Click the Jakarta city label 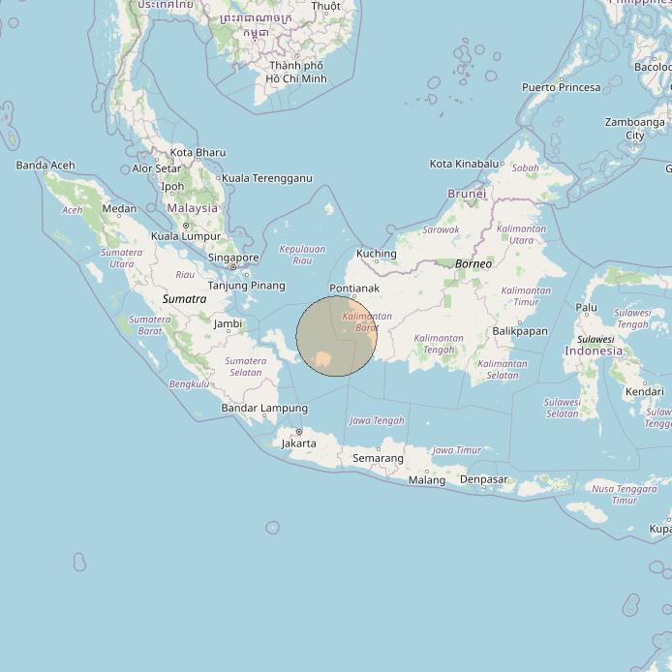298,443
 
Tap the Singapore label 233,258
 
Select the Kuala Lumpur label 186,236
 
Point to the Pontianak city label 354,289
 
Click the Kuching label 377,254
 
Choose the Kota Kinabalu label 464,164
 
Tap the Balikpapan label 520,331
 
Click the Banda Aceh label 46,166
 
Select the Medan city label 119,208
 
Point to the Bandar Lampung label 264,409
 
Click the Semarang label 378,458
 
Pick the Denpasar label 483,479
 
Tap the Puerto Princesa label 562,87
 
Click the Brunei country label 467,194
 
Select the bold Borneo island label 473,263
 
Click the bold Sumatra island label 184,299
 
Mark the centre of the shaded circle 336,336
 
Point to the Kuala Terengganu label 267,178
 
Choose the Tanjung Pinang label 247,286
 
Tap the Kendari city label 644,391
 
